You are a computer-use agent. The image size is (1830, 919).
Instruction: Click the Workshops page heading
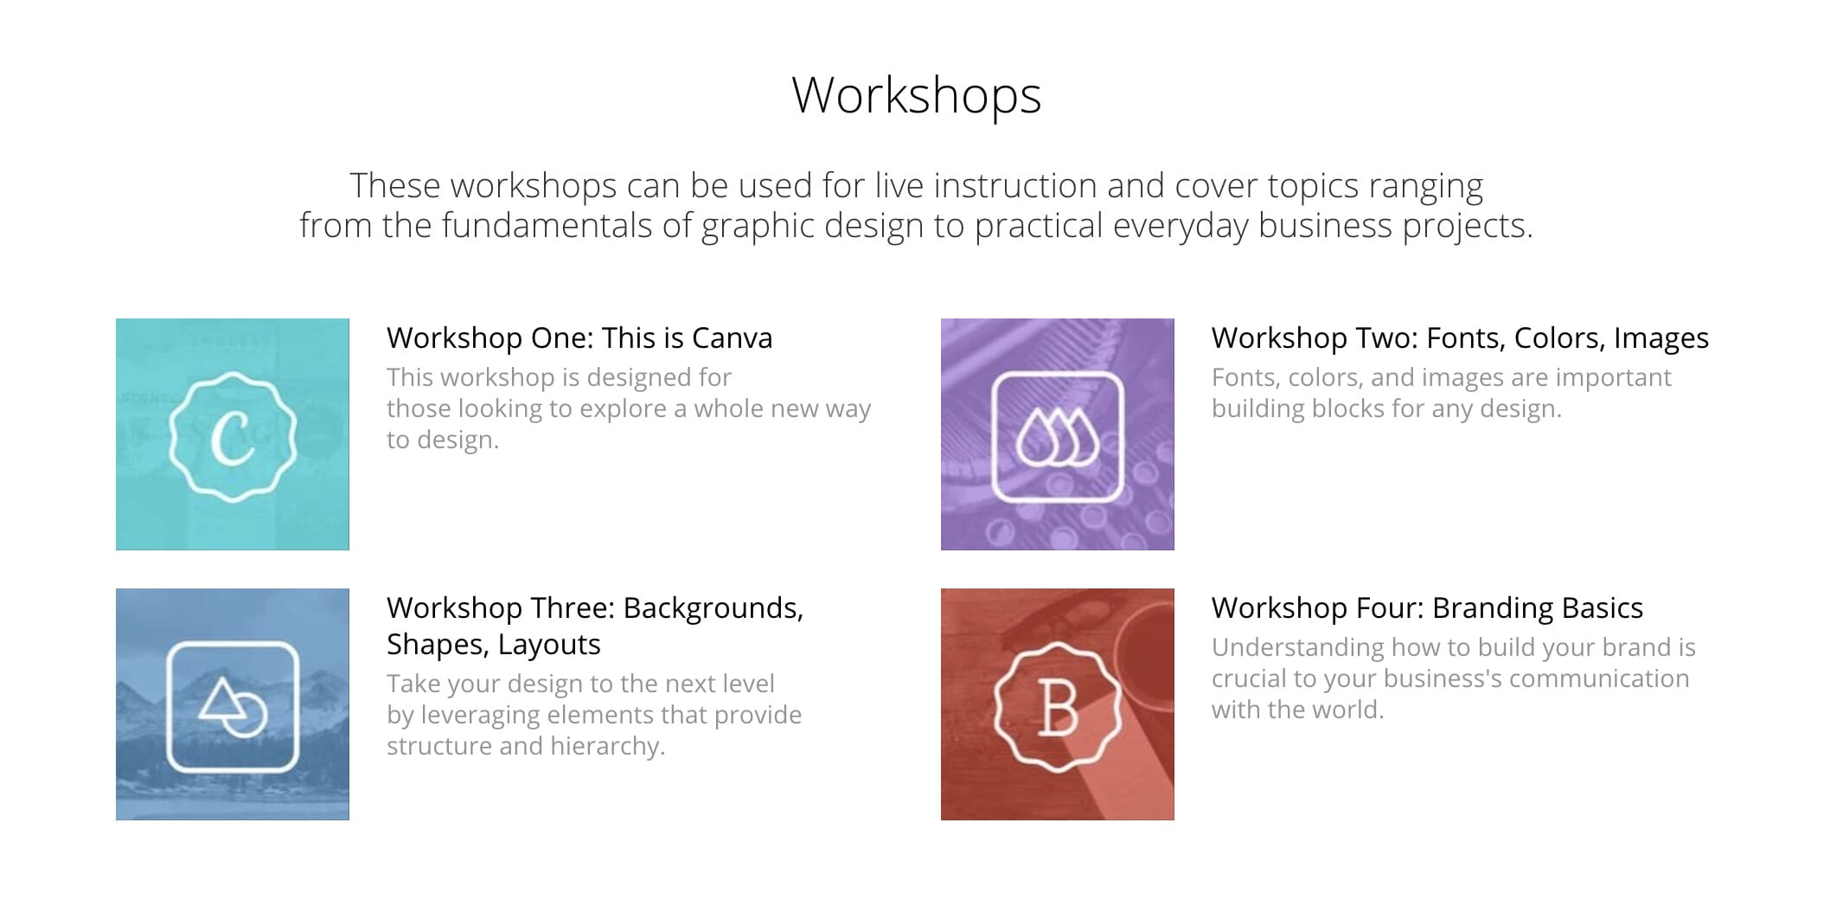pyautogui.click(x=916, y=95)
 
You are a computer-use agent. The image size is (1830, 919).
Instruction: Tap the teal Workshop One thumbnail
pyautogui.click(x=233, y=434)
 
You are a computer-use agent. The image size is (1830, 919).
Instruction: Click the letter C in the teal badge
pyautogui.click(x=233, y=436)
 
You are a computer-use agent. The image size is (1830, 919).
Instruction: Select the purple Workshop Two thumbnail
pyautogui.click(x=1058, y=434)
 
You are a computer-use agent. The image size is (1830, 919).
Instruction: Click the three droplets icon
pyautogui.click(x=1058, y=437)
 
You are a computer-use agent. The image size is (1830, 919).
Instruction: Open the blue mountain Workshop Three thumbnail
pyautogui.click(x=233, y=704)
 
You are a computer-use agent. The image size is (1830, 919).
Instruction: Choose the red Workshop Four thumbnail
pyautogui.click(x=1058, y=704)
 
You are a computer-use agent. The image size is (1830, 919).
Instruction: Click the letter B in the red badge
pyautogui.click(x=1057, y=708)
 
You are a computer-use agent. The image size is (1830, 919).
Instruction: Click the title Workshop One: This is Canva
pyautogui.click(x=579, y=337)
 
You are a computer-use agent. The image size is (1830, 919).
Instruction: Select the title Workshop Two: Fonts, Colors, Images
pyautogui.click(x=1460, y=337)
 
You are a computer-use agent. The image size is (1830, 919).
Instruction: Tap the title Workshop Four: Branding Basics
pyautogui.click(x=1427, y=607)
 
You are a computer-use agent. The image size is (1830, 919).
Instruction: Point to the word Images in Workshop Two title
pyautogui.click(x=1661, y=338)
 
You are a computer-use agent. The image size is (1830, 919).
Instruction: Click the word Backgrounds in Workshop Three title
pyautogui.click(x=713, y=608)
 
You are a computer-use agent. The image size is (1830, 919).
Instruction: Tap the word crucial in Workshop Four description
pyautogui.click(x=1249, y=678)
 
